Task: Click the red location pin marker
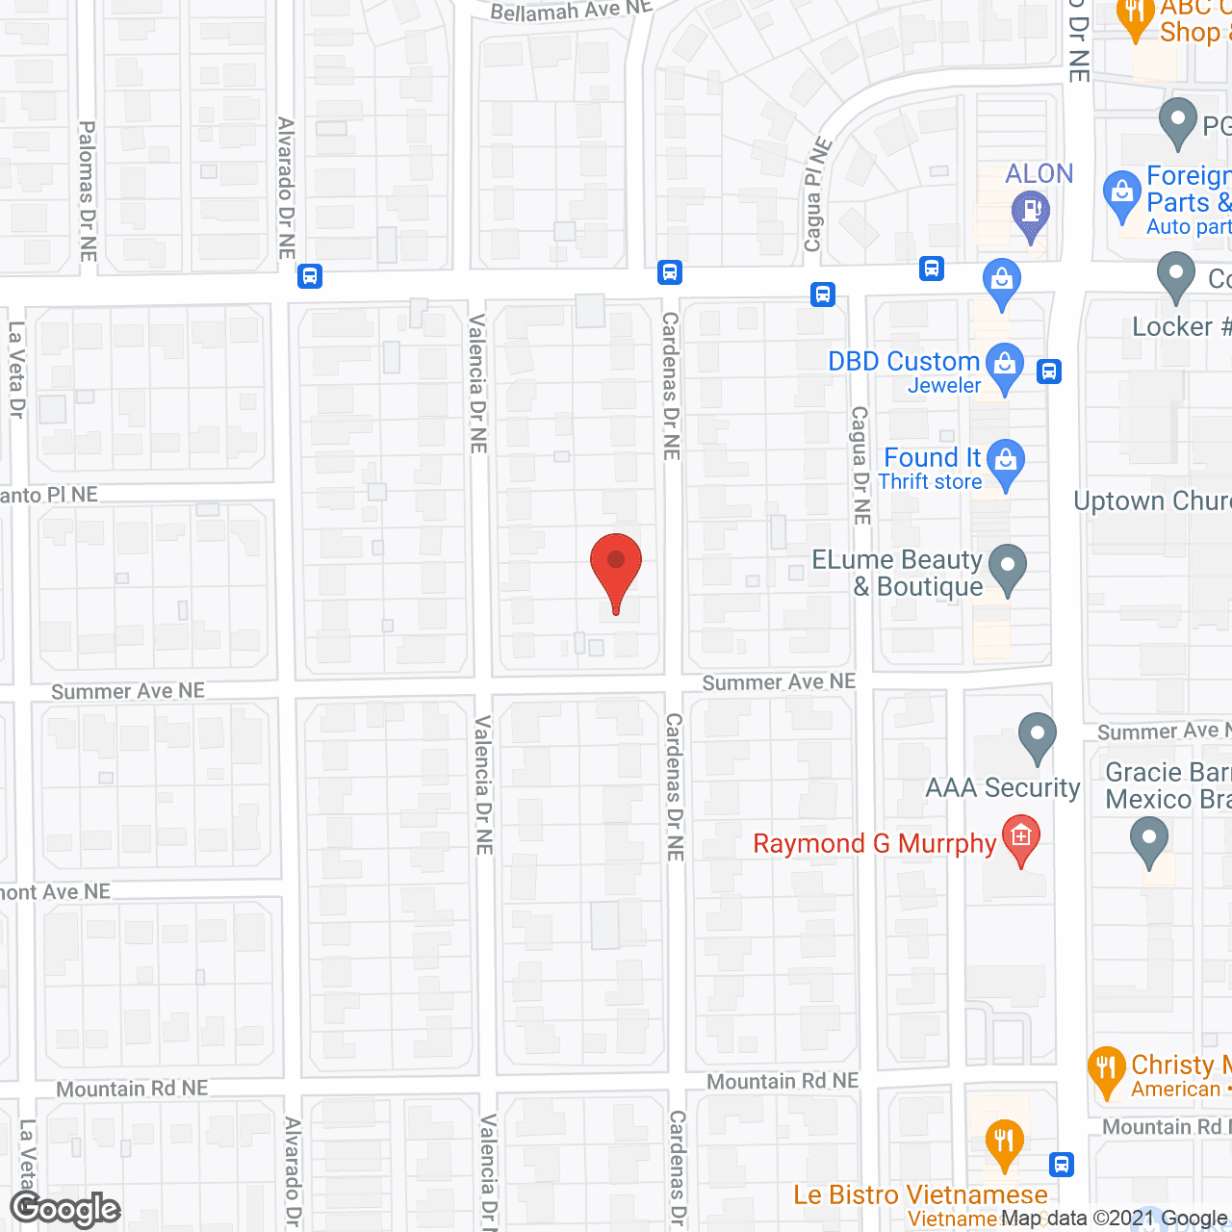(615, 568)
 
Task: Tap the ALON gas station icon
(1031, 213)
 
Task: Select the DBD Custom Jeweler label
(904, 372)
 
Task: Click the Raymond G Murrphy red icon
(1021, 838)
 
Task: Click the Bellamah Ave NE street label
(571, 11)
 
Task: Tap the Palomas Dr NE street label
(88, 191)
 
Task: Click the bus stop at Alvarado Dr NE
(309, 276)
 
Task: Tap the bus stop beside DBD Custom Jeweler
(1049, 371)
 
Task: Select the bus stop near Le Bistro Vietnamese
(1061, 1165)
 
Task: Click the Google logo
(65, 1209)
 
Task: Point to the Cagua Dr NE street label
(860, 465)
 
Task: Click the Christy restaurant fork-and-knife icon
(1106, 1068)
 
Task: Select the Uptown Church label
(1152, 501)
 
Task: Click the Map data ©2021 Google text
(1115, 1219)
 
